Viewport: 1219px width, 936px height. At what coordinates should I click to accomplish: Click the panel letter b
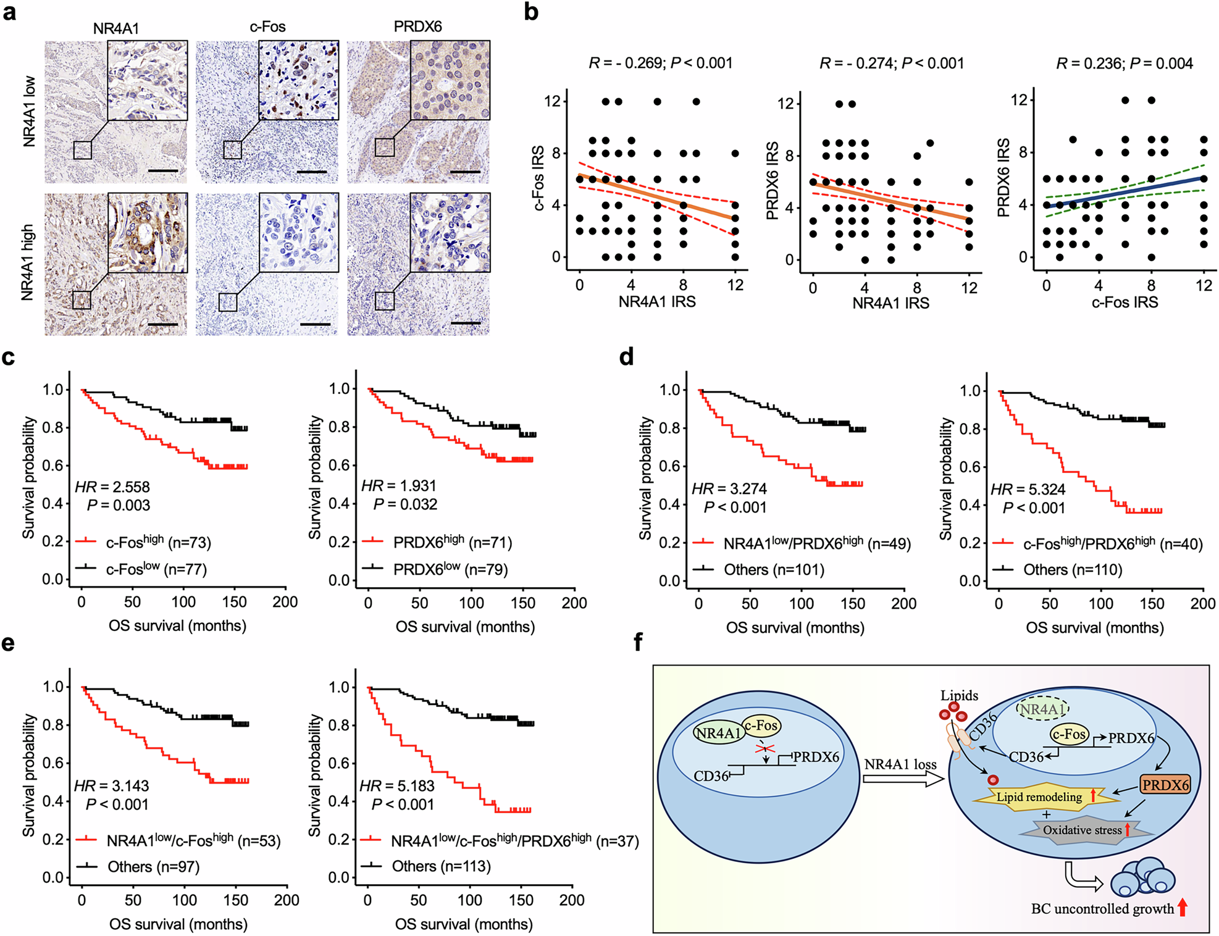(x=531, y=12)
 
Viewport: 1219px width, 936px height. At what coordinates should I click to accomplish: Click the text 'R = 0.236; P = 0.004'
(x=1124, y=63)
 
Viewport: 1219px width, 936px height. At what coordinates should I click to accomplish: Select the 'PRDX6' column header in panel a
(x=417, y=27)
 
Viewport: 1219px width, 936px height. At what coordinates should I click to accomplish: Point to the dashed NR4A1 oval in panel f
(x=1042, y=709)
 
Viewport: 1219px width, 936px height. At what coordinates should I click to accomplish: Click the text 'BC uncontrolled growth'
(x=1102, y=909)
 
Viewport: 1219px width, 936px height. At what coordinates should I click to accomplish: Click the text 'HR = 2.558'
(x=112, y=487)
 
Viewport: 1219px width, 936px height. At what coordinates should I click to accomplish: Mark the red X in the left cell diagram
(x=766, y=748)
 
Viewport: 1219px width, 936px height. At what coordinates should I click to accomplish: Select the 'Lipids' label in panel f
(x=959, y=695)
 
